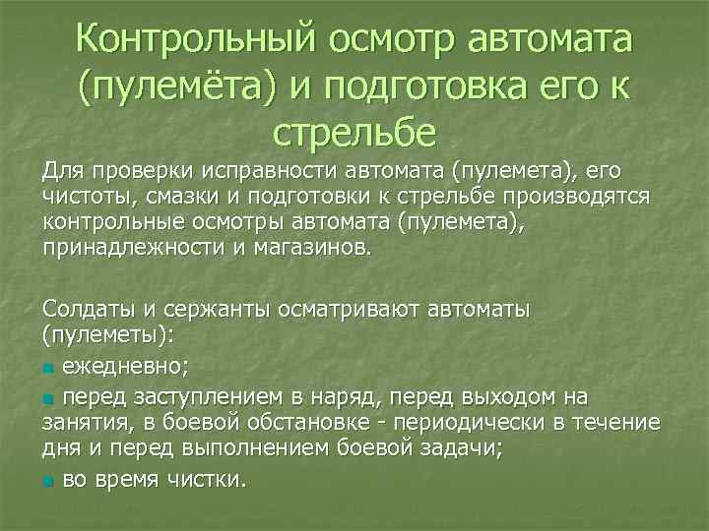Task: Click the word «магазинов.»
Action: [308, 248]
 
